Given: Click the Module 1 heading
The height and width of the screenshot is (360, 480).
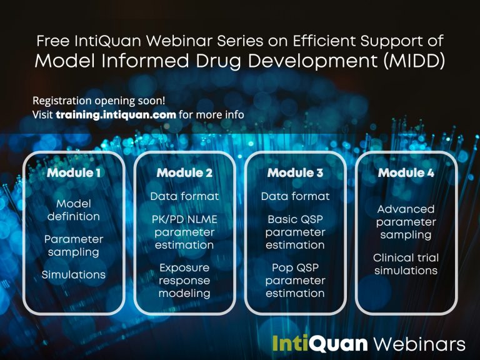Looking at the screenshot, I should coord(74,172).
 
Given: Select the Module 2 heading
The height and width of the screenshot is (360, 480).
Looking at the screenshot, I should coord(184,172).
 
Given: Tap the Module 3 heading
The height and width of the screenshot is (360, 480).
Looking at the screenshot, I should coord(295,172).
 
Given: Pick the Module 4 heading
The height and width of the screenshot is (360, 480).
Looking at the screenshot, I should coord(406,172).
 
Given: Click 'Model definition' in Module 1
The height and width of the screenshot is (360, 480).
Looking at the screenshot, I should coord(74,210).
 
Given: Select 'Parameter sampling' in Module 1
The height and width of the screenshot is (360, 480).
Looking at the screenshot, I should coord(74,246).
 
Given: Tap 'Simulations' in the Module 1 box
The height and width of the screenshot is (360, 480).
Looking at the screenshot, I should coord(74,274).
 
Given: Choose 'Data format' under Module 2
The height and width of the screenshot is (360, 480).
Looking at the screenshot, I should coord(184,196).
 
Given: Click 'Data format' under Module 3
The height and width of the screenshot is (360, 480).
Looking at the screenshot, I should coord(295,196).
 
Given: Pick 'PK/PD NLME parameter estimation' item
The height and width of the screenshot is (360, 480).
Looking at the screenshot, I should coord(184,232).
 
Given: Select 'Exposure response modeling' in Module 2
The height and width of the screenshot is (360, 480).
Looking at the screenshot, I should coord(184,281).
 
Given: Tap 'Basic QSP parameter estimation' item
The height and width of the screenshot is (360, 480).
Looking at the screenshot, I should coord(295,232).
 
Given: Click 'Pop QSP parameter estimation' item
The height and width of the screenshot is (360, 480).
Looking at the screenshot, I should coord(295,281).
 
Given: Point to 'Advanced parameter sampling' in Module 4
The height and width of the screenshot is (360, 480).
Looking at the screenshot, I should coord(406,222).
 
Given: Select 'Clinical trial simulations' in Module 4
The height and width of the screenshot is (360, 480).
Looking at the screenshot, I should coord(406,264).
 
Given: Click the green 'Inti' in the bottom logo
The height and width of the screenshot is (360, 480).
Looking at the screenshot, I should coord(291,343).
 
